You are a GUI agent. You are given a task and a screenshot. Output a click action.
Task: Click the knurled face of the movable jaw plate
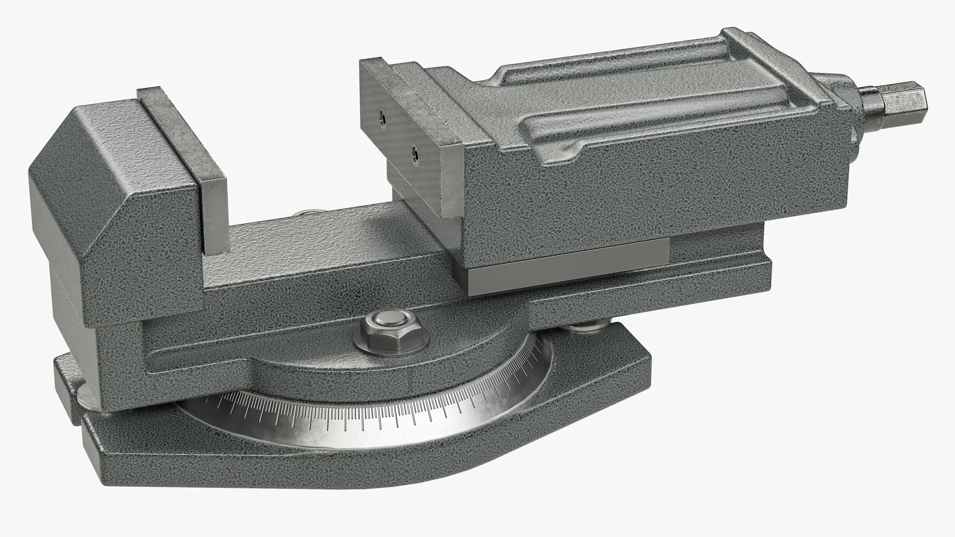tap(398, 139)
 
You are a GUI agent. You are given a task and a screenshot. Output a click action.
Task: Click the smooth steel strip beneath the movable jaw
tap(567, 274)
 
